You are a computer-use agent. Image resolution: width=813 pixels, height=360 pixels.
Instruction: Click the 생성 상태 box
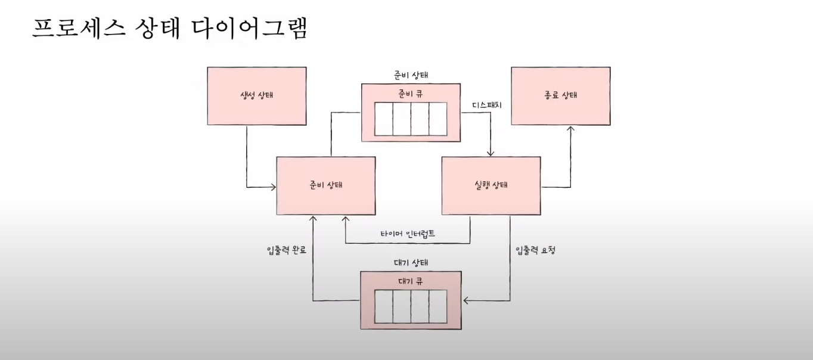point(256,95)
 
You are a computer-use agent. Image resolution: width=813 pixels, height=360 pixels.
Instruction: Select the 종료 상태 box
point(560,95)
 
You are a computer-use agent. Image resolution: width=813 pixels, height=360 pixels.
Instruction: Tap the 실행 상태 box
point(491,185)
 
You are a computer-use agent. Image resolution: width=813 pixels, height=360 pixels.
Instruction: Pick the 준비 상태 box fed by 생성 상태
point(326,185)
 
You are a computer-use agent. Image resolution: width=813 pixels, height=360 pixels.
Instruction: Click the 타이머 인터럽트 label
point(408,234)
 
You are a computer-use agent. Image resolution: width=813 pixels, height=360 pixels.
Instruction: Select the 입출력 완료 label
point(287,250)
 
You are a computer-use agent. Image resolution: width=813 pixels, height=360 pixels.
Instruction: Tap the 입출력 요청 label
point(535,250)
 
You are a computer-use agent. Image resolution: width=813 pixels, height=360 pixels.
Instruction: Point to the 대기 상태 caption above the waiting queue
point(411,262)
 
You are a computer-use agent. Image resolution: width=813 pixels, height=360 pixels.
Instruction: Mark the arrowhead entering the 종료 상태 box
point(570,129)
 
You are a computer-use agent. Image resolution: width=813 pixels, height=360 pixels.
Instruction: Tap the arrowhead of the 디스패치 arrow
point(491,153)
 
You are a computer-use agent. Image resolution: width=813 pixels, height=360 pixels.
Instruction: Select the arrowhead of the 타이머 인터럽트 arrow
point(345,219)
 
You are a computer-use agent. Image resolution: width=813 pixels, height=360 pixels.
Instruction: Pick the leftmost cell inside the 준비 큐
point(383,119)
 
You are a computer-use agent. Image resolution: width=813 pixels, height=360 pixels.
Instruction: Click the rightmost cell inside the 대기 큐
point(437,306)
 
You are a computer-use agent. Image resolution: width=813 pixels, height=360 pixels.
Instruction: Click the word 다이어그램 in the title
point(250,28)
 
